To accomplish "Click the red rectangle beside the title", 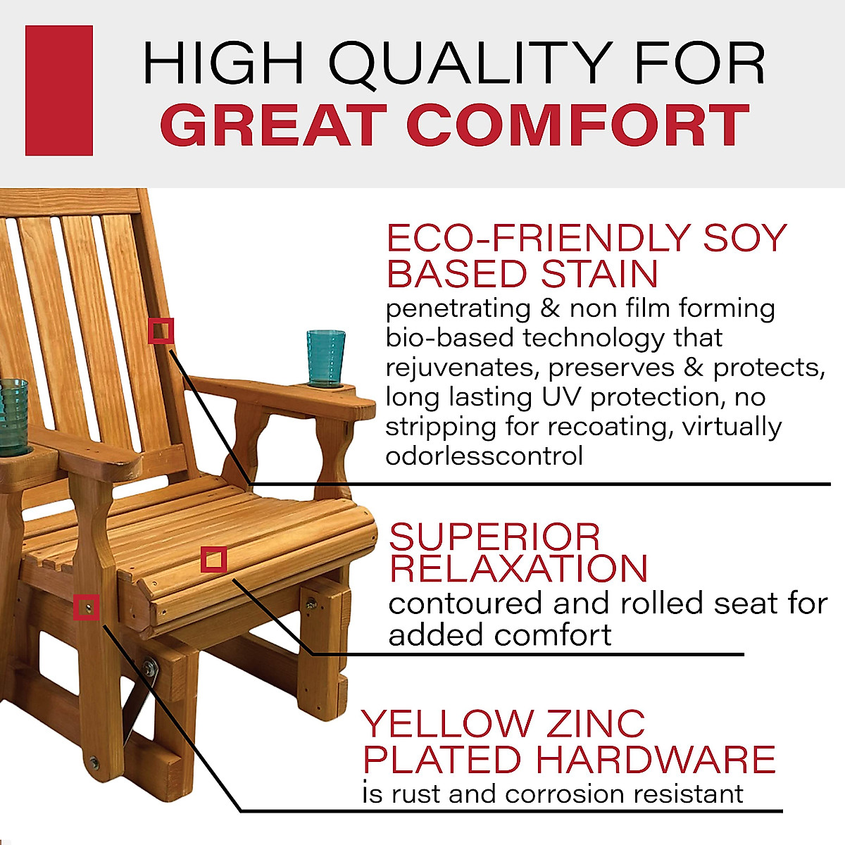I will click(x=59, y=90).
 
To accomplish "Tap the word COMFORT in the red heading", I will click(x=577, y=125).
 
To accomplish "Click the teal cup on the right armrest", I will click(x=325, y=358).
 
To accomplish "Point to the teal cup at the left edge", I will click(x=12, y=407).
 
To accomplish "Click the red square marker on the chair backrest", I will click(x=161, y=330).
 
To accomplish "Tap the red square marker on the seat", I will click(x=213, y=560).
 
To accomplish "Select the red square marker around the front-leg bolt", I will click(x=87, y=606).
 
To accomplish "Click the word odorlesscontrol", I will click(x=484, y=456).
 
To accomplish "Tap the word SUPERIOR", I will click(x=494, y=537).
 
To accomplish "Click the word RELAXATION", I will click(x=518, y=569).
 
